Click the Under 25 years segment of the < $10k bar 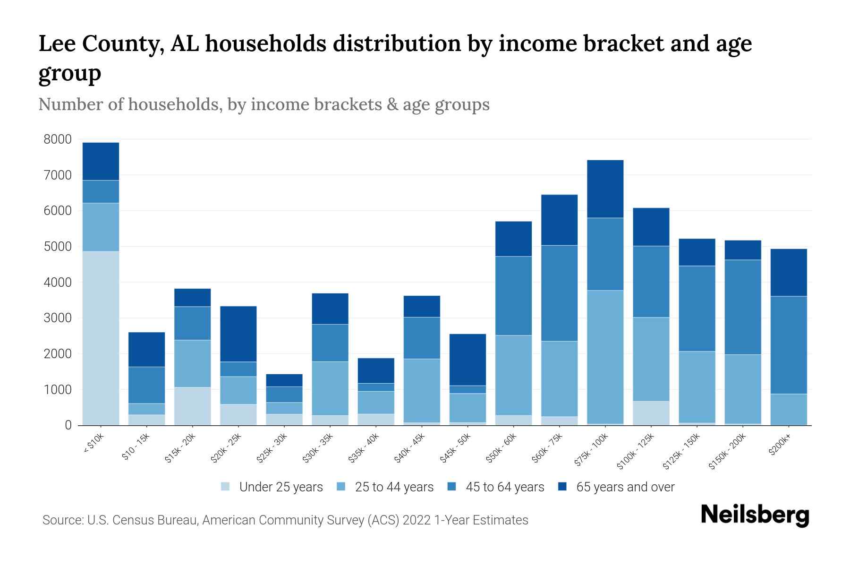101,338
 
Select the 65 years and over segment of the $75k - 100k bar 605,189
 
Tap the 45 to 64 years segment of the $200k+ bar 789,345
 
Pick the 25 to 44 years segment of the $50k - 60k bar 513,375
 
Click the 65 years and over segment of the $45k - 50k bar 467,360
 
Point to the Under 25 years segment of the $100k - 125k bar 651,413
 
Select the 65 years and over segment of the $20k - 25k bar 238,334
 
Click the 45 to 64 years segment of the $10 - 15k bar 146,385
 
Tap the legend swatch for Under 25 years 226,487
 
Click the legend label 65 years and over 625,487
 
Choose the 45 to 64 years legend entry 504,487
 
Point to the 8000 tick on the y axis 58,139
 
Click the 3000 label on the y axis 58,318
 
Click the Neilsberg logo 755,515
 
